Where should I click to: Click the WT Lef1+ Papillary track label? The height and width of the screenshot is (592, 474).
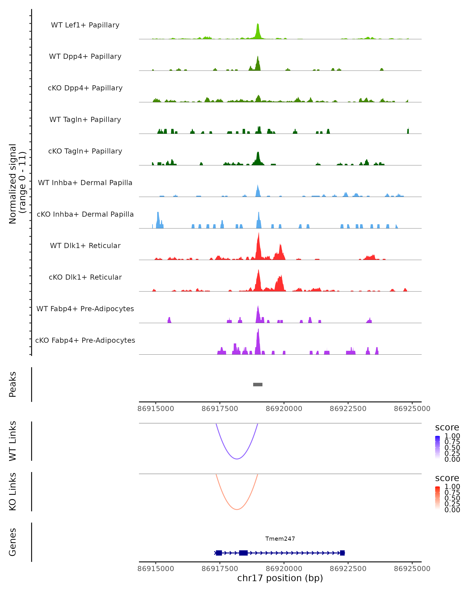click(x=85, y=25)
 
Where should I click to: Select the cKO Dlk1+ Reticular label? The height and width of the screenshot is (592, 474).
click(x=85, y=277)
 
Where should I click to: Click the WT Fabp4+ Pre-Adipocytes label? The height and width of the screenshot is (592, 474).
click(x=85, y=309)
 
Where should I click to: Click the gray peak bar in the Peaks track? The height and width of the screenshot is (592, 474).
click(x=258, y=384)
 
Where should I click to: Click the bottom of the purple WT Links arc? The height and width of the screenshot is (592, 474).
click(x=237, y=459)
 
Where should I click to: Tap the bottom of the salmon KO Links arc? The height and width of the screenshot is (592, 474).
click(x=237, y=509)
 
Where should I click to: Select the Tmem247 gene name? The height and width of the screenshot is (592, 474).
click(x=280, y=539)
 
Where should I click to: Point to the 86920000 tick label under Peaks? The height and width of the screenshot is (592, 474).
click(x=284, y=409)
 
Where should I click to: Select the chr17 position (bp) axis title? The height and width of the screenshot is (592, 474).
click(x=280, y=578)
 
